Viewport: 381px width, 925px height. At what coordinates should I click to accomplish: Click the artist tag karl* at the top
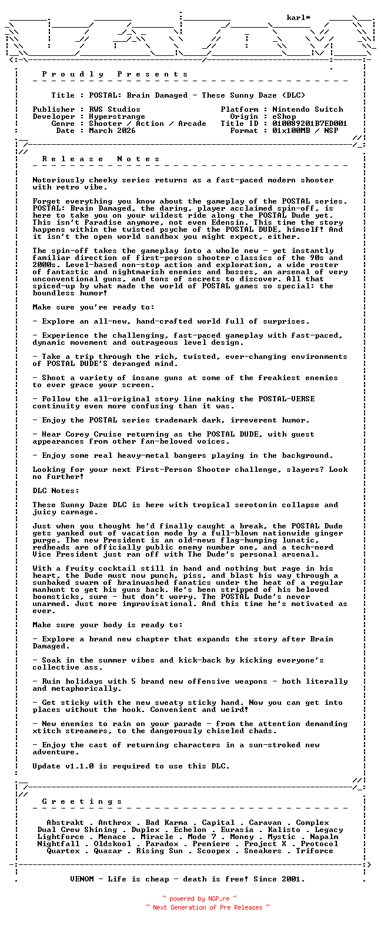299,18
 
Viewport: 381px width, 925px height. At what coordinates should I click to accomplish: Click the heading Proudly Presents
115,74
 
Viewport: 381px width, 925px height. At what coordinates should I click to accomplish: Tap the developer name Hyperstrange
117,117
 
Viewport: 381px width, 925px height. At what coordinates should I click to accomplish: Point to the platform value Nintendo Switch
308,109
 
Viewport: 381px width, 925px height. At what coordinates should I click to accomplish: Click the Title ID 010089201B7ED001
309,124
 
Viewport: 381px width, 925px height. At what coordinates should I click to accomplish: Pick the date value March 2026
112,131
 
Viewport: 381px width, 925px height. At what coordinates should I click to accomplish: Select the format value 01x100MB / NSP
305,131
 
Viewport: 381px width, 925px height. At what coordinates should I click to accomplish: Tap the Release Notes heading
101,159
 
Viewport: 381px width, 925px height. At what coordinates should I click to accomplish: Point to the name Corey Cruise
86,434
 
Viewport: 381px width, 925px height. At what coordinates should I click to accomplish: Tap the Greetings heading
82,801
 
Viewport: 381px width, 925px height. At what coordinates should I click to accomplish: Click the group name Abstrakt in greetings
65,823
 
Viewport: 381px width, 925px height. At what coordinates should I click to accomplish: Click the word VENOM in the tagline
82,879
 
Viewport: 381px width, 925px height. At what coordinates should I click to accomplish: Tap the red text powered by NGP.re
199,899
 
